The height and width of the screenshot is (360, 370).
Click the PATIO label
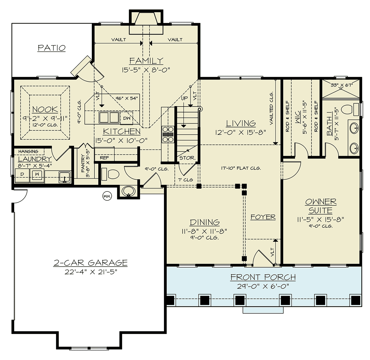coord(51,48)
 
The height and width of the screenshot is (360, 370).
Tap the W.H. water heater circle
coord(107,196)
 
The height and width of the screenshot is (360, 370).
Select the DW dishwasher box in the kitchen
coord(127,118)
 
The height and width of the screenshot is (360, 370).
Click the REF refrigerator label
coord(104,158)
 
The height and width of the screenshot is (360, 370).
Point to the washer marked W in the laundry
coord(37,174)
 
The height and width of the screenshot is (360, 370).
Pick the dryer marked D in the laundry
coord(22,174)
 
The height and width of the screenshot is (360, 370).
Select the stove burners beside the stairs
coord(167,134)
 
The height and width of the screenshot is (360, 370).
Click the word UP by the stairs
coord(184,98)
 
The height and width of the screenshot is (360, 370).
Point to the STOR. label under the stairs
coord(187,158)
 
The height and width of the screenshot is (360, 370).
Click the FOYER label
coord(263,217)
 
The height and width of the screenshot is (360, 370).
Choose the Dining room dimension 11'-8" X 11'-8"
coord(204,231)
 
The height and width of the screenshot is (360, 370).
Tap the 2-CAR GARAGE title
coord(90,263)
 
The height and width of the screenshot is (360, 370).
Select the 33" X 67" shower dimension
coord(342,85)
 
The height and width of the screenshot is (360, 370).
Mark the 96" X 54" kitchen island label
coord(126,98)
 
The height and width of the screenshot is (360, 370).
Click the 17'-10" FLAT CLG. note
coord(241,168)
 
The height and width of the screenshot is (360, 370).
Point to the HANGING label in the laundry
coord(28,151)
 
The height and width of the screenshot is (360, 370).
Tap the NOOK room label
coord(45,110)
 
